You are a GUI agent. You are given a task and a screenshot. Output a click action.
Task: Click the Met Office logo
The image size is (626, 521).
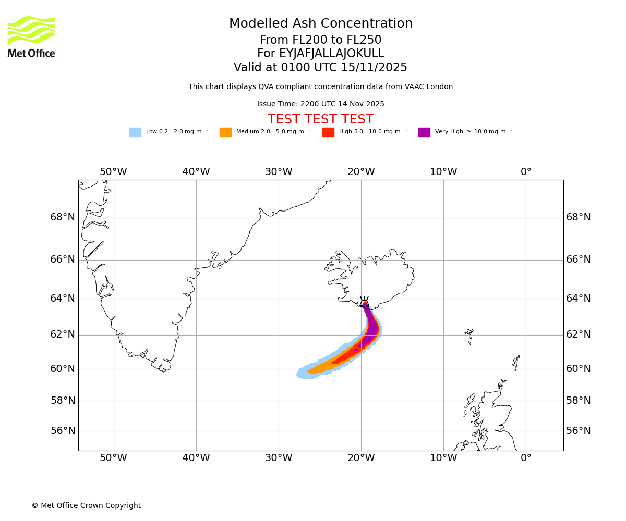click(31, 36)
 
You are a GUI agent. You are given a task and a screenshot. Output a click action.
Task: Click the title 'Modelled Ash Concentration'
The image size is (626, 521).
click(320, 23)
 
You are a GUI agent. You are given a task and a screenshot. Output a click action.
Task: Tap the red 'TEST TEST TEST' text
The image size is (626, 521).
click(320, 119)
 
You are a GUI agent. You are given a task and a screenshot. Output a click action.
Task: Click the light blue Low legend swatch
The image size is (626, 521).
click(135, 132)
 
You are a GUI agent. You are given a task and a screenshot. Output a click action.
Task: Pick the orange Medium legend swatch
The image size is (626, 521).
click(225, 132)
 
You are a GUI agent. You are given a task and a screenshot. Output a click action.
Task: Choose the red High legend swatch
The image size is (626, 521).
click(328, 132)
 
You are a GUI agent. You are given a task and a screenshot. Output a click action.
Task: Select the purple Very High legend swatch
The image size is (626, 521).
click(424, 132)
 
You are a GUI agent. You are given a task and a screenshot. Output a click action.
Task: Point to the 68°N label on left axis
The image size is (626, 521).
click(63, 217)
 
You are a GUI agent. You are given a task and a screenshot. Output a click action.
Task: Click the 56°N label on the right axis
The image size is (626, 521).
click(579, 431)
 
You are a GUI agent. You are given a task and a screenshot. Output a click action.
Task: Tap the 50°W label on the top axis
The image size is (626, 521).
click(113, 172)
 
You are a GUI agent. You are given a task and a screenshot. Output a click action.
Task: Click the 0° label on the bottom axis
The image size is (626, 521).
click(526, 458)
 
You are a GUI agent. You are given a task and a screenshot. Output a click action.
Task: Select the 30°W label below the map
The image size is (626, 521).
click(279, 458)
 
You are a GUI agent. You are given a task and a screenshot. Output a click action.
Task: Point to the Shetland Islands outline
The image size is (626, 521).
click(517, 362)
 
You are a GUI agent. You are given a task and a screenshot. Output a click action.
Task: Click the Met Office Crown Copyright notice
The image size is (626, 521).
click(86, 505)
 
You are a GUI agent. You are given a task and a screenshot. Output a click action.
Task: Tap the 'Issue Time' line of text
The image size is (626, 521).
click(320, 104)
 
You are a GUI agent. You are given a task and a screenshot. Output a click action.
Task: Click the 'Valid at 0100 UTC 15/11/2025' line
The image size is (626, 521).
click(320, 68)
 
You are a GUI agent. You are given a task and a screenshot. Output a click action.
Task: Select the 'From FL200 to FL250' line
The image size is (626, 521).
click(320, 40)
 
